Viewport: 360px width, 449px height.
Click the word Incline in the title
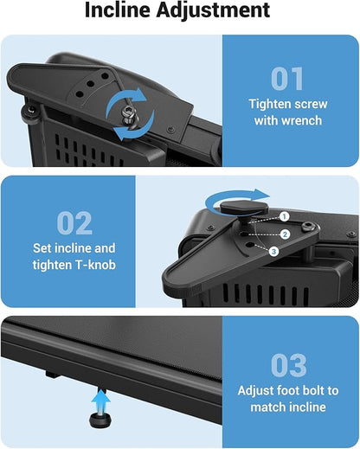tap(118, 10)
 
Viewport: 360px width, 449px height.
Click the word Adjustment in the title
tap(213, 11)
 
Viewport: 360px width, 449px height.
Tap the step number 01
tap(287, 79)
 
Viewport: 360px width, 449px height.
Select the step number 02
tap(74, 222)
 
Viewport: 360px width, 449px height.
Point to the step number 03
tap(288, 365)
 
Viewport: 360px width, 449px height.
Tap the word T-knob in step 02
tap(95, 265)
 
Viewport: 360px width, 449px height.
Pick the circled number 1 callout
tap(284, 216)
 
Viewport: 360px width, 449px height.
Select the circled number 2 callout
tap(285, 234)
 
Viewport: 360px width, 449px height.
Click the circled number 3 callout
tap(273, 252)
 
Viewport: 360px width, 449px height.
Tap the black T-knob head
tap(245, 207)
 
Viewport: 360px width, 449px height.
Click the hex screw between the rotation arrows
tap(129, 113)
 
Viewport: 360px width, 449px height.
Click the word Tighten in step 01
tap(269, 105)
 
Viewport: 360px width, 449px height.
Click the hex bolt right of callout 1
tap(307, 227)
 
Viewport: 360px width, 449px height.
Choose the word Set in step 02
tap(42, 248)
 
